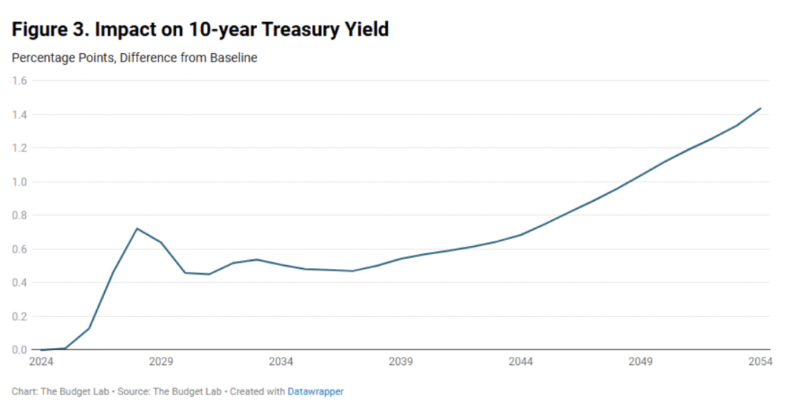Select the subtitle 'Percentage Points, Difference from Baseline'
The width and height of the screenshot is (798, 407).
coord(134,58)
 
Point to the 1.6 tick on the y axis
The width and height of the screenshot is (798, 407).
coord(19,81)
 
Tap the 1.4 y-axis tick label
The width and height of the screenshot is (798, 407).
coord(19,114)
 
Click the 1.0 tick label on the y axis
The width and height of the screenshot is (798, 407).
coord(19,182)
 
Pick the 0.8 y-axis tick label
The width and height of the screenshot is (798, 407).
coord(19,216)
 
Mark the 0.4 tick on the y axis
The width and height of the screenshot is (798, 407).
coord(19,283)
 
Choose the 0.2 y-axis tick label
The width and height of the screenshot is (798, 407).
coord(19,316)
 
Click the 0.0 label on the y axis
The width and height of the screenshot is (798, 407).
coord(19,350)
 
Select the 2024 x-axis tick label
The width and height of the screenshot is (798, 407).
coord(41,362)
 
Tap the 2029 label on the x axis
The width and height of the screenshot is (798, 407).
coord(161,362)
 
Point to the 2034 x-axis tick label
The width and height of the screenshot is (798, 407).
coord(281,362)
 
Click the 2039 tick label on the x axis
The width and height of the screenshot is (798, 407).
coord(400,362)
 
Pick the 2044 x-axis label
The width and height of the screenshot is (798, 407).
coord(521,362)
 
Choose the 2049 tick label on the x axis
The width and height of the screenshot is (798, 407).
coord(641,362)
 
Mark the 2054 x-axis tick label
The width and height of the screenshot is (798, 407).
coord(760,362)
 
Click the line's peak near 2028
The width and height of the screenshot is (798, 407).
coord(137,228)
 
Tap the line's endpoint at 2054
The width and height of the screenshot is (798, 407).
coord(761,108)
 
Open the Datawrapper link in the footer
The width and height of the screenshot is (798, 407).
coord(316,391)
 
